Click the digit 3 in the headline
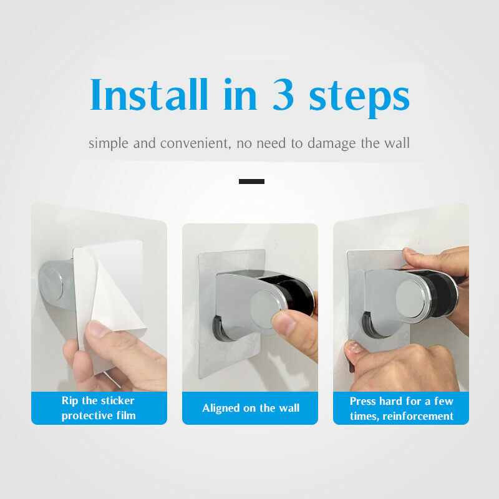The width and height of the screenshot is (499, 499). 283,94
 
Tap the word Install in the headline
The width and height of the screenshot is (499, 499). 149,94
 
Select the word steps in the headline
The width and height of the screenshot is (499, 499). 359,99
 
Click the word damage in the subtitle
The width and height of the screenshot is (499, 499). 331,143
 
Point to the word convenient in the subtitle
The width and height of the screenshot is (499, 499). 195,143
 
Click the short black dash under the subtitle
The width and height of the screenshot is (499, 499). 251,182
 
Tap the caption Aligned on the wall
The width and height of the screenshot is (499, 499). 251,408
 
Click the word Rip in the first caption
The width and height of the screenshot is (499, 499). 70,400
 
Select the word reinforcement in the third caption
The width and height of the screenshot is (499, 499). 418,416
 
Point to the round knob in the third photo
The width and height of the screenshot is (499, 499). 411,299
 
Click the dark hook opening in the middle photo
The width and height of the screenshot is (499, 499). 221,328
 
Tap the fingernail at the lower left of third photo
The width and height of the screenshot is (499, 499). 354,347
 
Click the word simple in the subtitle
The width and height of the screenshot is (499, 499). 108,143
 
